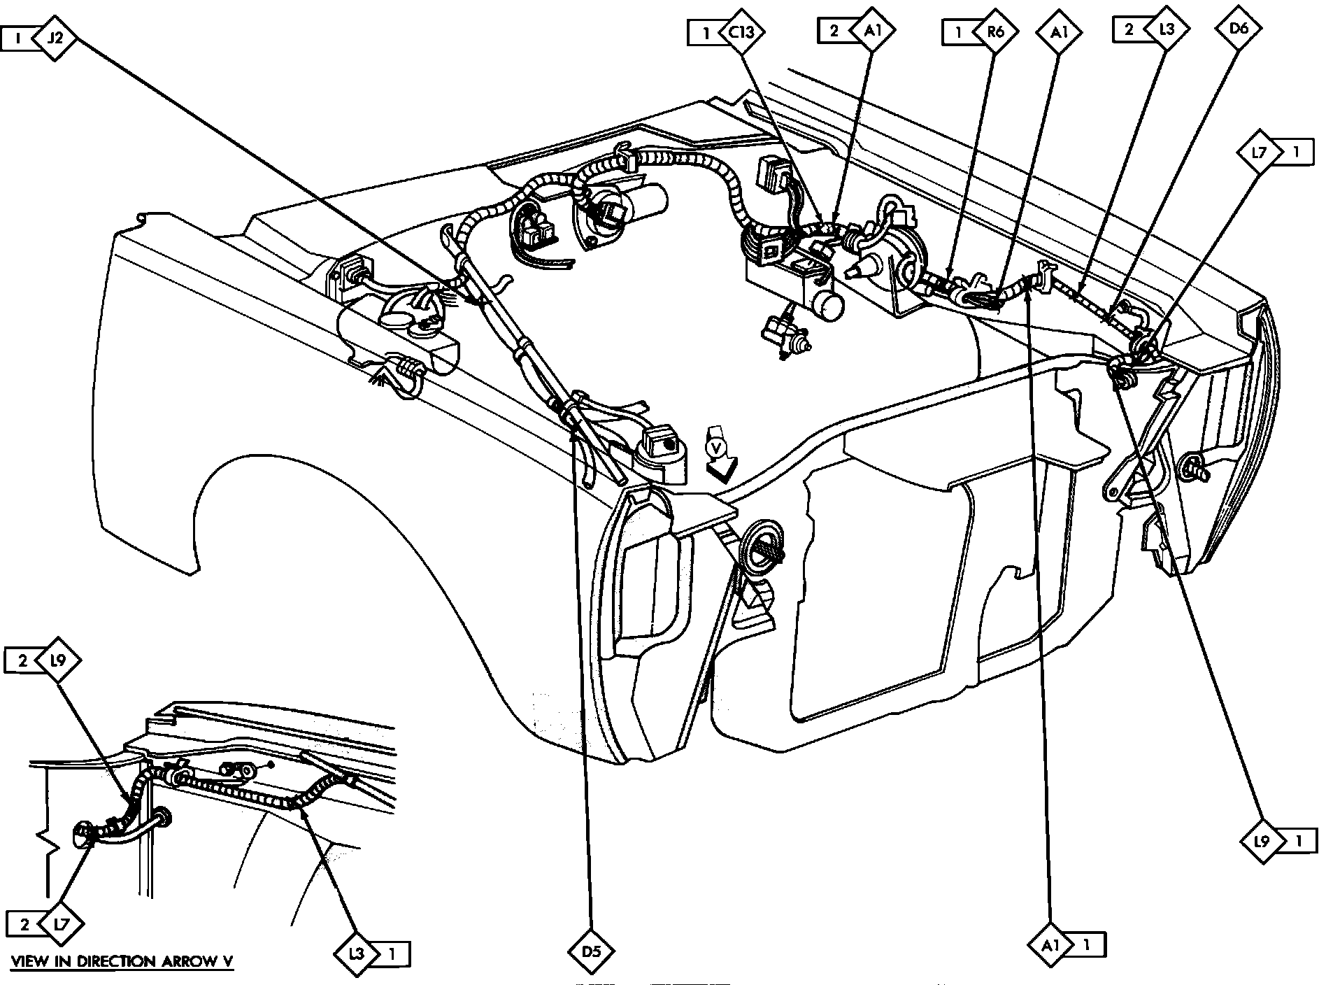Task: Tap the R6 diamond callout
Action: click(x=991, y=32)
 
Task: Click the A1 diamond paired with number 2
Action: click(x=871, y=31)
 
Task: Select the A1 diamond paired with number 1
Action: click(x=1051, y=945)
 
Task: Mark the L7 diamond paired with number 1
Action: click(x=1260, y=152)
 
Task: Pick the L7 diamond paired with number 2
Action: click(x=62, y=924)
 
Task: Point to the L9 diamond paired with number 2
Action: click(x=58, y=660)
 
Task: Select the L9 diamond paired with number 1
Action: click(x=1262, y=840)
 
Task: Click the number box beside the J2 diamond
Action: click(x=19, y=38)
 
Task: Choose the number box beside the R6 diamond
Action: click(x=959, y=32)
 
